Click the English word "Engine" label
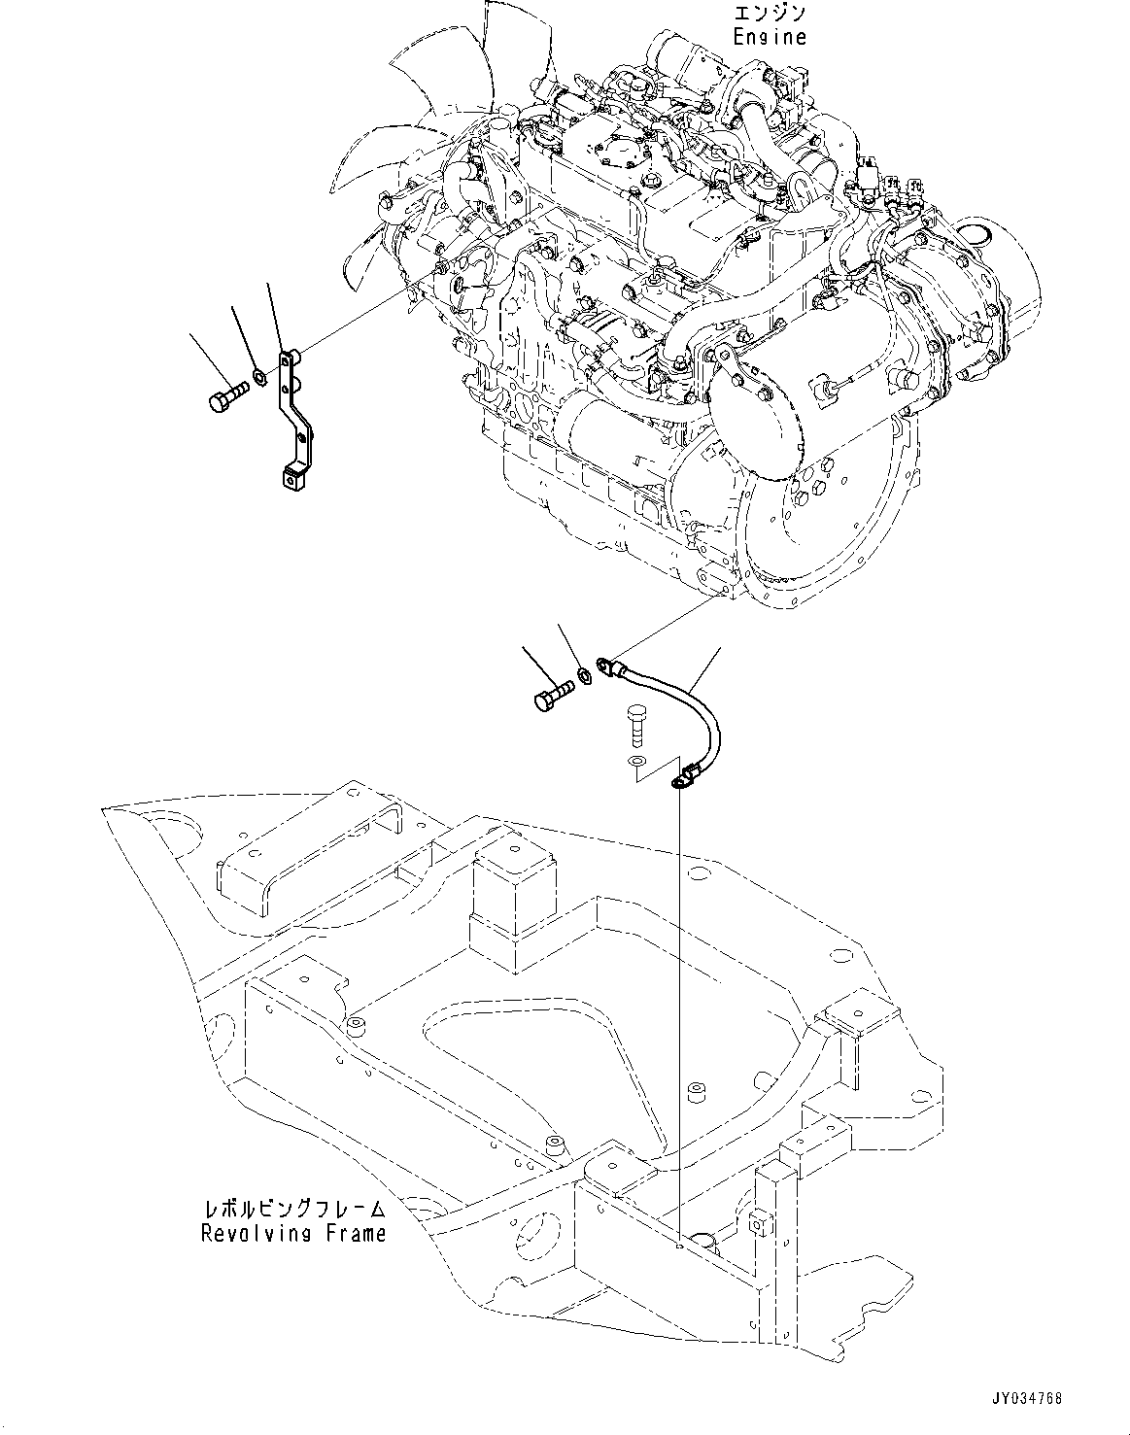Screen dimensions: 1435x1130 pyautogui.click(x=770, y=37)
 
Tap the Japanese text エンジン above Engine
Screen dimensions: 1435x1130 pyautogui.click(x=770, y=15)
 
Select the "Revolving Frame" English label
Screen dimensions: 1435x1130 pyautogui.click(x=293, y=1233)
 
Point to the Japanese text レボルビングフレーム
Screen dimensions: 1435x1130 pyautogui.click(x=293, y=1210)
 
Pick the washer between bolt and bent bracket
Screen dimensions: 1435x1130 pyautogui.click(x=259, y=375)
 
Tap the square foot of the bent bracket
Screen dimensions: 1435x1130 pyautogui.click(x=291, y=478)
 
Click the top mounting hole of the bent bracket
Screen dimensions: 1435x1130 pyautogui.click(x=286, y=360)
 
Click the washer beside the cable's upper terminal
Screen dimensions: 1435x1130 pyautogui.click(x=583, y=675)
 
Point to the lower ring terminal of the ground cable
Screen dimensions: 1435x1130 pyautogui.click(x=682, y=778)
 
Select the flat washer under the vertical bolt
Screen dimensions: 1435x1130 pyautogui.click(x=635, y=760)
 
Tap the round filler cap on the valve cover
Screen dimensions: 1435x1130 pyautogui.click(x=614, y=146)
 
